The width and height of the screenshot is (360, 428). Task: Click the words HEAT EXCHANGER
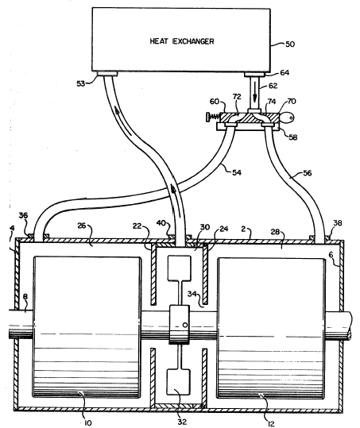coord(182,41)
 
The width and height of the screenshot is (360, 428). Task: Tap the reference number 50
coord(290,44)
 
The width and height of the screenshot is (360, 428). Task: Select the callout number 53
coord(81,83)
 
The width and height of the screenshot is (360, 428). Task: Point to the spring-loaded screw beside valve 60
coord(213,118)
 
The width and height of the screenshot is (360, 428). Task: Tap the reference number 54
coord(237,172)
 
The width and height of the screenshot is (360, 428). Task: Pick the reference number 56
coord(308,173)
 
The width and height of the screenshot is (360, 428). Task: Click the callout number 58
coord(292,137)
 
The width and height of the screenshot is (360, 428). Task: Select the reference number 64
coord(285,73)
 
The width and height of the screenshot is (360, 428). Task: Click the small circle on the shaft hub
coord(185,325)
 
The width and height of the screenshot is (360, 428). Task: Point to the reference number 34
coord(192,294)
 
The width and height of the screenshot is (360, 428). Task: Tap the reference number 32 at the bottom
coord(182,422)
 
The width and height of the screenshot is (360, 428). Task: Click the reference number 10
coord(87,422)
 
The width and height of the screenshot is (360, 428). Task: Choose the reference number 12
coord(270,423)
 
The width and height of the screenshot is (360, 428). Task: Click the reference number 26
coord(82,226)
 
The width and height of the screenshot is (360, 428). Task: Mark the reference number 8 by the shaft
coord(25,297)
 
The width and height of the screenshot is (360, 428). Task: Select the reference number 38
coord(338,223)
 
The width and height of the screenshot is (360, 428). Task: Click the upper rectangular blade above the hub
coord(179,268)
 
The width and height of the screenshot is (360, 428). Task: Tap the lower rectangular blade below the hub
coord(179,382)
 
